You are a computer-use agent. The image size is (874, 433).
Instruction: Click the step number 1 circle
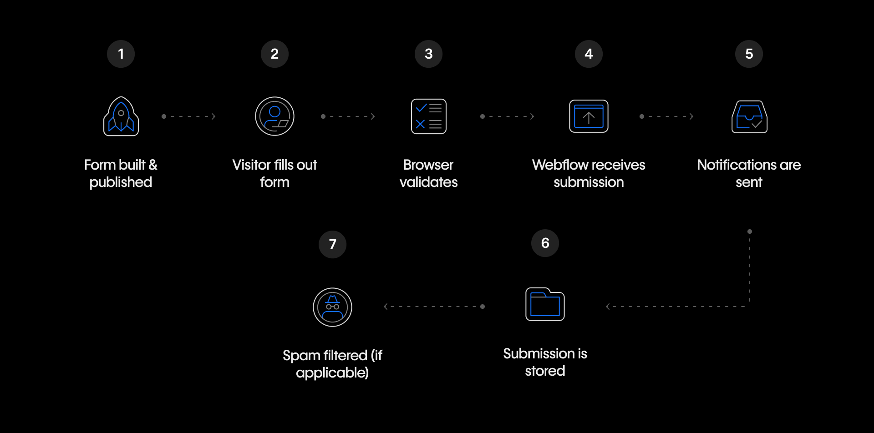tap(121, 54)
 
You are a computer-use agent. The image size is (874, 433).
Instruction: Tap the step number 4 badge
tap(589, 54)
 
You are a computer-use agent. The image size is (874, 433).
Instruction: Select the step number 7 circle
tap(332, 244)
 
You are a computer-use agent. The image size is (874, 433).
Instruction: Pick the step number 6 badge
tap(545, 243)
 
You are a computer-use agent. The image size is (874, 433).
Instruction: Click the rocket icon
tap(121, 116)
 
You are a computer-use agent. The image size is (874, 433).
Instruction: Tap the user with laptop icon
tap(274, 116)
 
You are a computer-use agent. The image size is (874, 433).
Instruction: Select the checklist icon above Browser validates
tap(428, 116)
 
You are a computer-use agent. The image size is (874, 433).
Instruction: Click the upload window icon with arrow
tap(589, 116)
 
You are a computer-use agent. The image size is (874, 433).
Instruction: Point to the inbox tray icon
tap(749, 117)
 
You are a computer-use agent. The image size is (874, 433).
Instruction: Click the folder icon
tap(545, 304)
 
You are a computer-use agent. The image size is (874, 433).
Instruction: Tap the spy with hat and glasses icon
tap(332, 307)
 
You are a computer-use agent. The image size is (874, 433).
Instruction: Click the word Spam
tap(301, 356)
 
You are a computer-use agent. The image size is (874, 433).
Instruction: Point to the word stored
tap(545, 371)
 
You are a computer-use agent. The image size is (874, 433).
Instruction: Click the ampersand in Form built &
tap(152, 165)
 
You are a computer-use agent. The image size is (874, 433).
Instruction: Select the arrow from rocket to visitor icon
tap(188, 116)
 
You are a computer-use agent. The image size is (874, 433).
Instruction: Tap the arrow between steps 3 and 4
tap(507, 116)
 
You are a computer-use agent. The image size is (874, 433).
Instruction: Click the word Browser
tap(428, 165)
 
